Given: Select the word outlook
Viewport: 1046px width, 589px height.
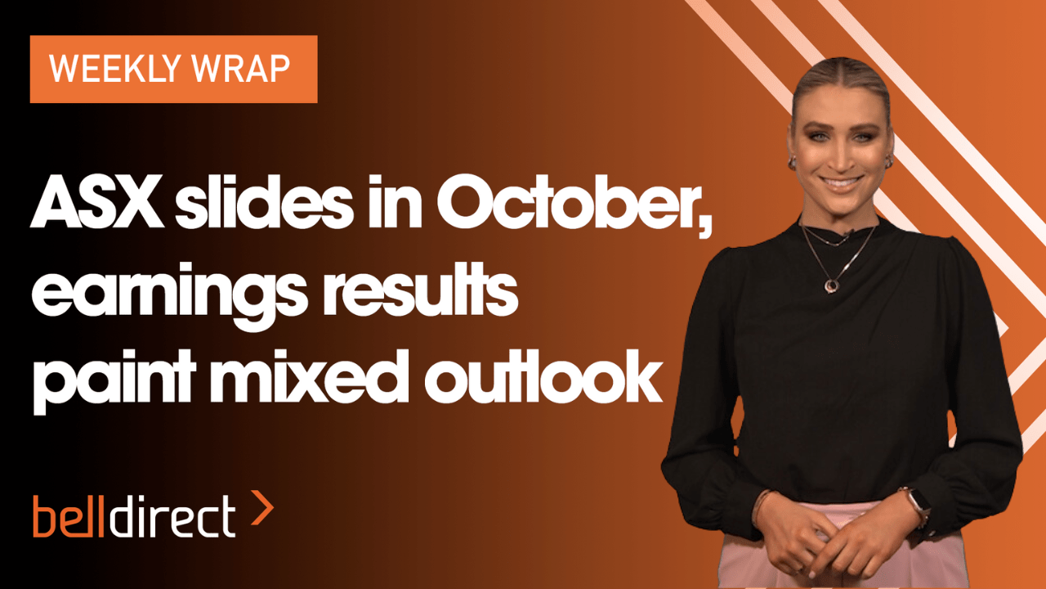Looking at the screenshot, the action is click(543, 376).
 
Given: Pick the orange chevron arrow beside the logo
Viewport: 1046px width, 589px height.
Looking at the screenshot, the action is click(262, 508).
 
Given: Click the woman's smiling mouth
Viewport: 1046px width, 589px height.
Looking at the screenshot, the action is click(842, 182).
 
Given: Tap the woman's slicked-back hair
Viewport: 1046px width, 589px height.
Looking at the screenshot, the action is click(841, 82).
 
